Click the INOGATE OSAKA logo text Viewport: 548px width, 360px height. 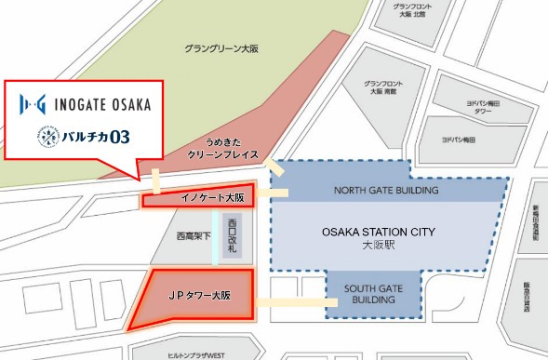coord(89,99)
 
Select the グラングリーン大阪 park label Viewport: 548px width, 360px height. coord(219,47)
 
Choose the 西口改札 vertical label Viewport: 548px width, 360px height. coord(232,237)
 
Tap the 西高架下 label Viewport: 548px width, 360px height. coord(192,237)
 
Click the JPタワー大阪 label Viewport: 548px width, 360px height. coord(192,295)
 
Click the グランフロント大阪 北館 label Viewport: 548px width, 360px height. coord(406,11)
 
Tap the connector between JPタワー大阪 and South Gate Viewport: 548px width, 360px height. coord(289,301)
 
